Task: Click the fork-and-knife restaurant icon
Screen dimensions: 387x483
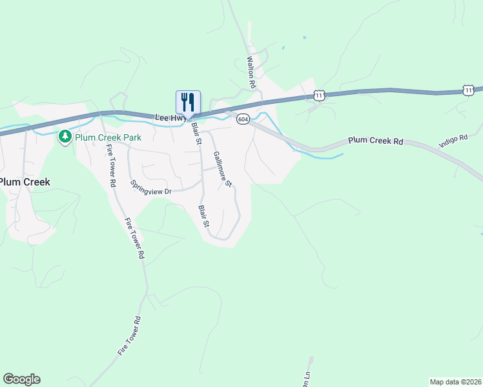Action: pyautogui.click(x=188, y=103)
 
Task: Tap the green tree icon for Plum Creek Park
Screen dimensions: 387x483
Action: pyautogui.click(x=65, y=137)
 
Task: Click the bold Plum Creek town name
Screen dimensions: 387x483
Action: pyautogui.click(x=25, y=182)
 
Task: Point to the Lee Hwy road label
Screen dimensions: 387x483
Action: pyautogui.click(x=170, y=117)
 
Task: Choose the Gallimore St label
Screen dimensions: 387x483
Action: pyautogui.click(x=222, y=170)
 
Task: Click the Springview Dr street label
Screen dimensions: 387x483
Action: pyautogui.click(x=151, y=188)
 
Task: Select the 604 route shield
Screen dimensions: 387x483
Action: pyautogui.click(x=243, y=119)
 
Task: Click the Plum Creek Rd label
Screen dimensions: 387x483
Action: pyautogui.click(x=375, y=140)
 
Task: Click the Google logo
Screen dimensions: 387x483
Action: pyautogui.click(x=21, y=379)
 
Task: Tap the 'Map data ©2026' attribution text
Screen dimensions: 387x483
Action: pyautogui.click(x=455, y=382)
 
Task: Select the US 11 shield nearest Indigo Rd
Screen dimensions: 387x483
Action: pyautogui.click(x=468, y=90)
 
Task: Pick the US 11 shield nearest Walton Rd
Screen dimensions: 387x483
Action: pyautogui.click(x=318, y=95)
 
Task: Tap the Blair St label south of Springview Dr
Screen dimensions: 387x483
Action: pyautogui.click(x=204, y=216)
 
